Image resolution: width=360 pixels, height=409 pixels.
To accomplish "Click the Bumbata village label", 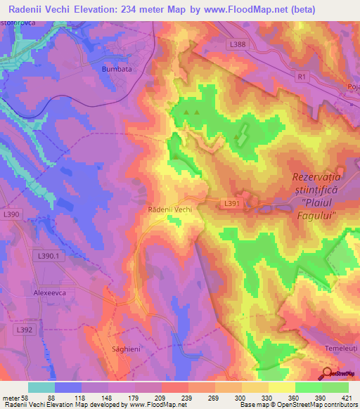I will (x=117, y=70).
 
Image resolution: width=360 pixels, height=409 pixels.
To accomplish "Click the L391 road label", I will (x=232, y=204).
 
